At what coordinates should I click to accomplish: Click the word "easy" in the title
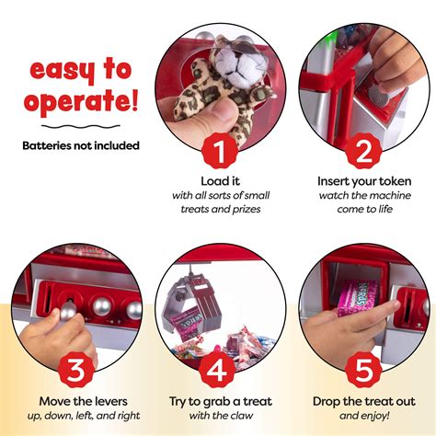point(57,71)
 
